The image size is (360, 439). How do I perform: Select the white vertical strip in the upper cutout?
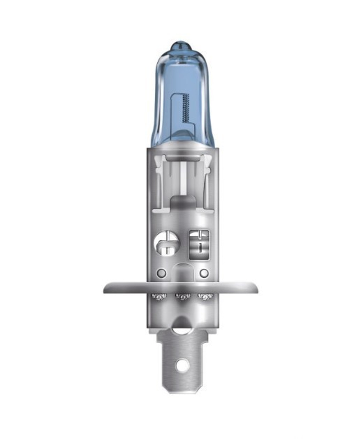[x=183, y=176]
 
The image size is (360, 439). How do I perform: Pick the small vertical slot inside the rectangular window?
[x=199, y=248]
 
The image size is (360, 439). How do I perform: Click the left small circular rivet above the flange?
[x=162, y=273]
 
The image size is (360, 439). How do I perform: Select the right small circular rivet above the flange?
[x=204, y=273]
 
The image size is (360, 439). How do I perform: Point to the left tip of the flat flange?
[x=105, y=288]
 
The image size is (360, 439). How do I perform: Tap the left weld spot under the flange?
[x=159, y=297]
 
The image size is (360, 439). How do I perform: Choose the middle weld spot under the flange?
[x=182, y=297]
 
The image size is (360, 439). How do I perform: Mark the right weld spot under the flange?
[x=205, y=297]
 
